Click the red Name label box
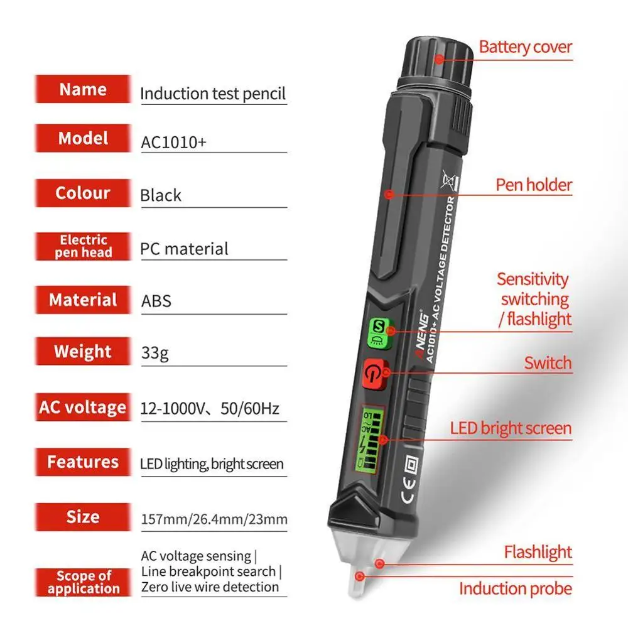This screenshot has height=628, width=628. [83, 89]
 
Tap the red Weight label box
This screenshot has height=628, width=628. [83, 352]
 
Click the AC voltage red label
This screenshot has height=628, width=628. [83, 407]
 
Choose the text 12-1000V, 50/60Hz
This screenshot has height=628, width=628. [210, 409]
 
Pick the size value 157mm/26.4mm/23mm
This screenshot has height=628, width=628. [214, 519]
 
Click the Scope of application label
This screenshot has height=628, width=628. [83, 582]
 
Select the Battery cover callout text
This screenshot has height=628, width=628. [525, 46]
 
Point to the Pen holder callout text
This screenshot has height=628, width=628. [534, 185]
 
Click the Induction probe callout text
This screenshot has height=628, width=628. [515, 588]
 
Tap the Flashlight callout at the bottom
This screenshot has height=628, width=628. [538, 553]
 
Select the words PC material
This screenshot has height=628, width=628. [184, 249]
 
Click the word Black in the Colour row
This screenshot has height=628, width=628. [161, 195]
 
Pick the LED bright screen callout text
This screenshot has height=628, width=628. [511, 429]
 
